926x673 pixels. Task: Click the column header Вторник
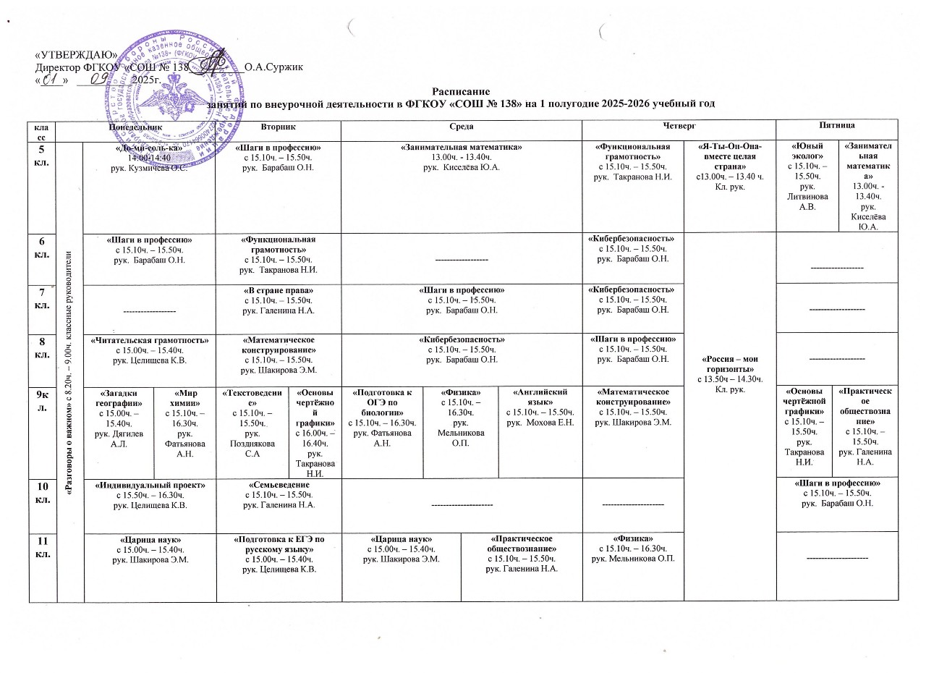(x=279, y=127)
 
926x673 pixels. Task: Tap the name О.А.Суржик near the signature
(x=273, y=67)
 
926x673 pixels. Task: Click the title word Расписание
(x=461, y=92)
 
